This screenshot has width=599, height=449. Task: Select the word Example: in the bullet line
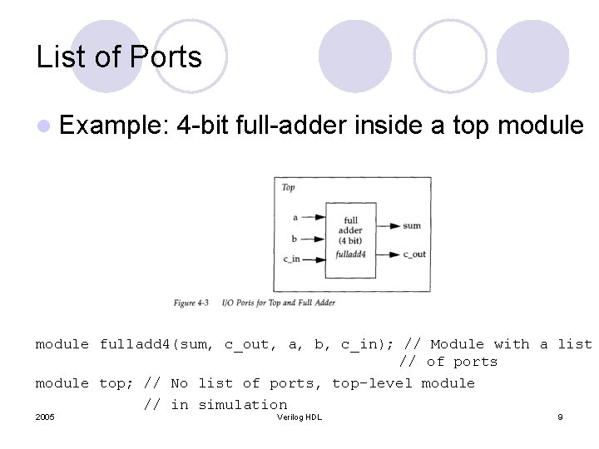click(116, 126)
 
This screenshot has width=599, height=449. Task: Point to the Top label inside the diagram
click(288, 187)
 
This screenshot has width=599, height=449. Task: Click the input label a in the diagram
click(295, 217)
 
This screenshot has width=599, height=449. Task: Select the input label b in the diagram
click(295, 237)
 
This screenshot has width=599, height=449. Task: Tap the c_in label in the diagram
click(291, 259)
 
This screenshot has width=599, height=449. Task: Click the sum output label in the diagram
click(412, 225)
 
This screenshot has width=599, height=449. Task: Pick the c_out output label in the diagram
click(414, 254)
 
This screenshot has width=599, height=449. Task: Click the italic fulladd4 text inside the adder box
click(350, 254)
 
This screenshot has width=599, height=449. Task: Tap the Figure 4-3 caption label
click(191, 303)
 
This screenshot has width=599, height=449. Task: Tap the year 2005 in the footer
click(46, 417)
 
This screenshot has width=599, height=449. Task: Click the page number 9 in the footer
click(560, 417)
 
